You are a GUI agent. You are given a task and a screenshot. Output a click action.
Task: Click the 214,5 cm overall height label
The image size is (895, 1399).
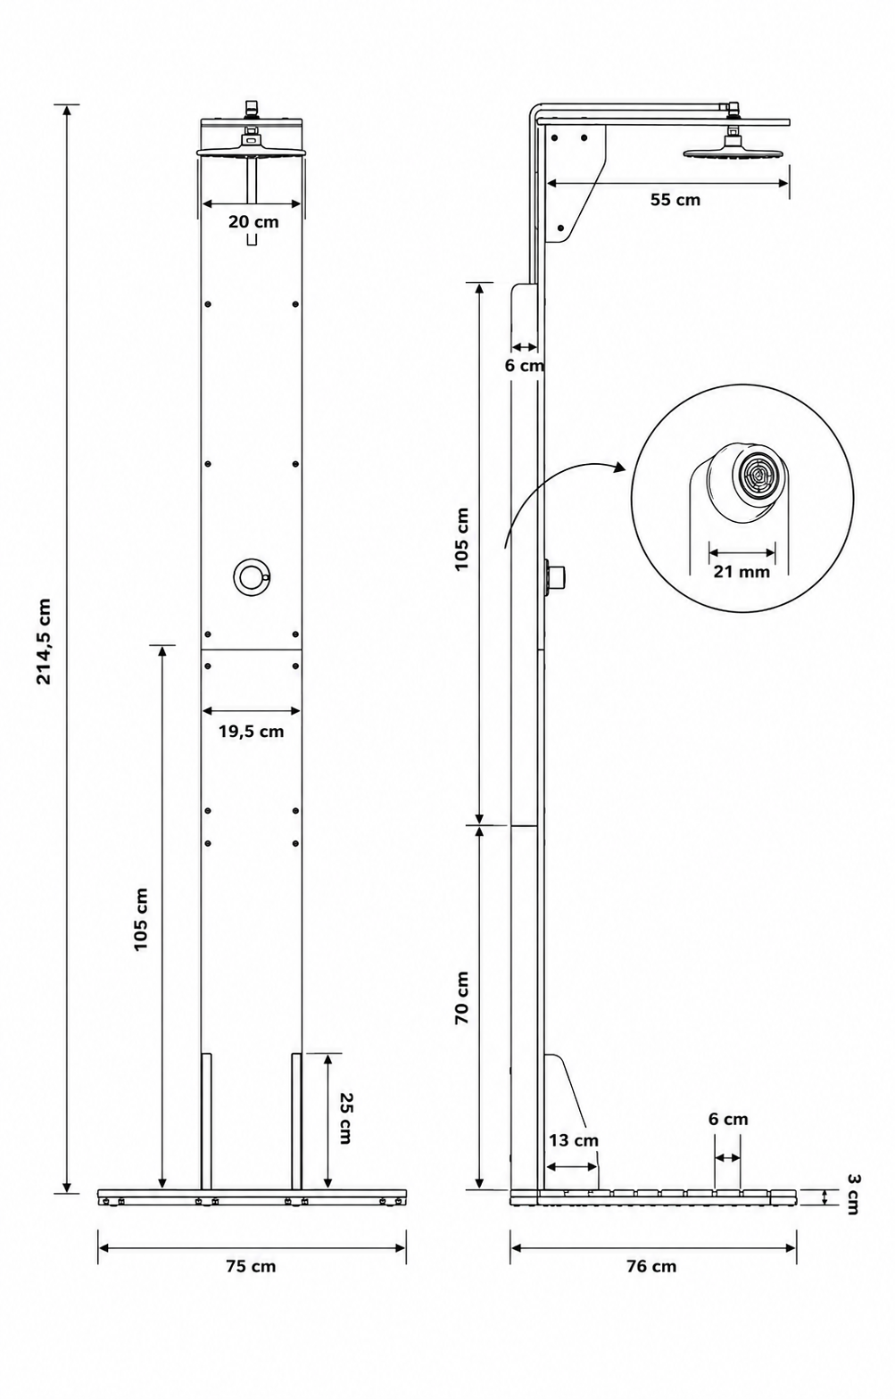tap(43, 641)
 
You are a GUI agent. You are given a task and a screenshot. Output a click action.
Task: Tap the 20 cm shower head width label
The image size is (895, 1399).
tap(253, 221)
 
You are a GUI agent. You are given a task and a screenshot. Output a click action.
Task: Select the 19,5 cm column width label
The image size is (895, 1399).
tap(251, 732)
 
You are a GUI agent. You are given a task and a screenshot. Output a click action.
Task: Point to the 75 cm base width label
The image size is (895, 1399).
tap(251, 1266)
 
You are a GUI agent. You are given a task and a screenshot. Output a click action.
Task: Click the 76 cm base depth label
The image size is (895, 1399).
tap(651, 1266)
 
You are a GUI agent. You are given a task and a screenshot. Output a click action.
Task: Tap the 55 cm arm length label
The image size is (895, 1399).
tap(675, 200)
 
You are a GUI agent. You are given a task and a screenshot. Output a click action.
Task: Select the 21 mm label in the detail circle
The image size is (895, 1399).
tap(742, 571)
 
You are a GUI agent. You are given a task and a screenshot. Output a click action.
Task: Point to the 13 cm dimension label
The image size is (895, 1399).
tap(574, 1140)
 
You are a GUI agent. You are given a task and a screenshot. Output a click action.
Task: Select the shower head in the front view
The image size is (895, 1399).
tap(252, 148)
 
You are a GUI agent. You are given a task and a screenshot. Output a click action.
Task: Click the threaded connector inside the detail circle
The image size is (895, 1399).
tap(757, 476)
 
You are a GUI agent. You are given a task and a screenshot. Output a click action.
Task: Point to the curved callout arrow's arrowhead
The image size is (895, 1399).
tap(619, 467)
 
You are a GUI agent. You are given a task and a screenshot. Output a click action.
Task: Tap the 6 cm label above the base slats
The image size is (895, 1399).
tap(728, 1119)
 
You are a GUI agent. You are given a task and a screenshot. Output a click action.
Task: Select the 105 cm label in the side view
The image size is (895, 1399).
tap(462, 539)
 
